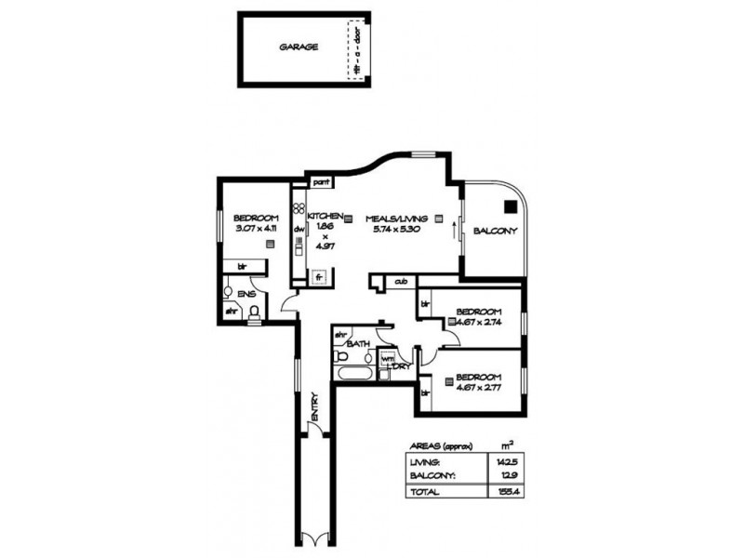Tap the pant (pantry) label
(322, 181)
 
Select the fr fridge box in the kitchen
(319, 276)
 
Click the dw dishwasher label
(299, 230)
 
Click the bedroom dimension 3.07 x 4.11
(258, 228)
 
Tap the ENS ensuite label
(246, 294)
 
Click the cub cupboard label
(403, 281)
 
